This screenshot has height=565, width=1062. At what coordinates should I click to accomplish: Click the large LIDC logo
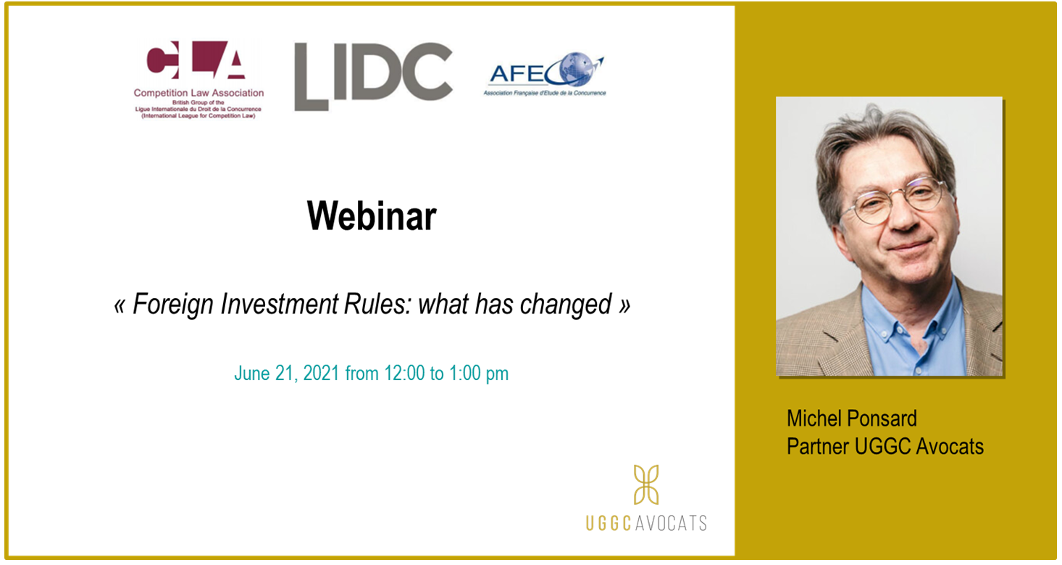click(x=373, y=76)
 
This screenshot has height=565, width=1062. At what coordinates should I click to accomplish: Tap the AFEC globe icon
click(x=577, y=69)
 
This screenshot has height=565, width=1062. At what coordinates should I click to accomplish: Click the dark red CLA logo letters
click(x=196, y=59)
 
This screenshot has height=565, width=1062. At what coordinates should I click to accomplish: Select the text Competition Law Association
click(x=198, y=93)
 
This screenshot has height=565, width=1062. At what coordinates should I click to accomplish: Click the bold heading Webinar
click(x=372, y=216)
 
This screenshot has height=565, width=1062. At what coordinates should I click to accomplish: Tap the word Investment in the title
click(x=279, y=304)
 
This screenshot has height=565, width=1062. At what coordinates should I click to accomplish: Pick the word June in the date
click(x=252, y=374)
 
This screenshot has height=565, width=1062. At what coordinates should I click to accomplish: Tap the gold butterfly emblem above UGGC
click(x=646, y=484)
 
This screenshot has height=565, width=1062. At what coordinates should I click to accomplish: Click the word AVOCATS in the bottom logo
click(x=670, y=523)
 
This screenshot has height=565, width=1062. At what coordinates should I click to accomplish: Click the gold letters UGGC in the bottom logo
click(x=609, y=523)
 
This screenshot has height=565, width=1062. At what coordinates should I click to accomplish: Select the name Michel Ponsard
click(x=851, y=418)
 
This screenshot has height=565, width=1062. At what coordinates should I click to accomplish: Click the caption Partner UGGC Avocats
click(x=885, y=447)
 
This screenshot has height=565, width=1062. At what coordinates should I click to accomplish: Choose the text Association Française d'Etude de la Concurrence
click(x=545, y=93)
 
